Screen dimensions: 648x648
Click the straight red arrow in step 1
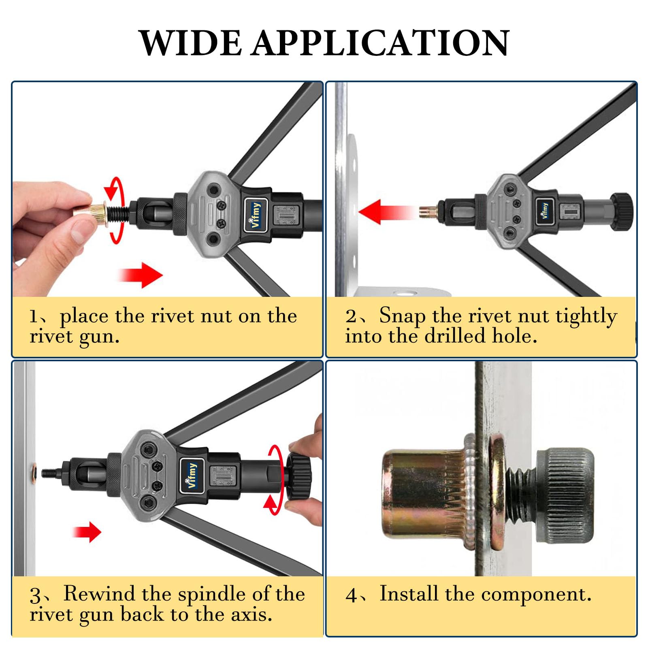pos(140,275)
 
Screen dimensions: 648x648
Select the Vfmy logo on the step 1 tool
pos(256,215)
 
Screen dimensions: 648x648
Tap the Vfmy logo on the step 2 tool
pos(544,211)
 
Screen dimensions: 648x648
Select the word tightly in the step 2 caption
pos(586,317)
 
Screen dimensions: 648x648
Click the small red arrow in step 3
pos(87,532)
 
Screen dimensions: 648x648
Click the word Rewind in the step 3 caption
pos(99,594)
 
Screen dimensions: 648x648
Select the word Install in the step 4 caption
pos(409,594)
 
